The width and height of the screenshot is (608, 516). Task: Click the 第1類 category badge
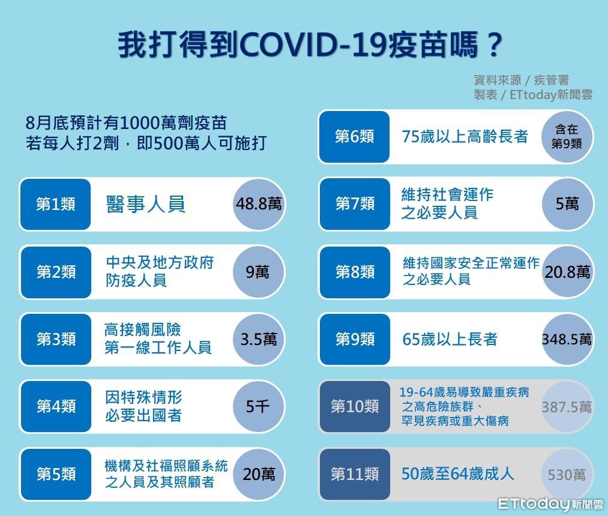click(55, 205)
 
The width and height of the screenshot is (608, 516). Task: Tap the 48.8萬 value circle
click(259, 205)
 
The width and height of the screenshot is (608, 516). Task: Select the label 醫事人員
click(146, 204)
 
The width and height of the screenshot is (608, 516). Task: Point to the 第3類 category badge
click(56, 339)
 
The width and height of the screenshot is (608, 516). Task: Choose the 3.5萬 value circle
click(259, 339)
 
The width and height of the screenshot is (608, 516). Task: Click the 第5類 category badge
click(56, 474)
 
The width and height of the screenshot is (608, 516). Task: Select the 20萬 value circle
click(259, 474)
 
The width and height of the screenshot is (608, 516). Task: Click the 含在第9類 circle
click(567, 136)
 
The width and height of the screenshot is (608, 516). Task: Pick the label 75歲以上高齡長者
click(465, 136)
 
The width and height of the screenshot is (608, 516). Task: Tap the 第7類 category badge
click(355, 204)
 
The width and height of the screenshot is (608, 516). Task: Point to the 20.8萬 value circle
click(567, 272)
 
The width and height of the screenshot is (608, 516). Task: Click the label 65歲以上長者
click(450, 339)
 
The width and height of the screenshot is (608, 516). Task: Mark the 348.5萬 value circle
click(567, 339)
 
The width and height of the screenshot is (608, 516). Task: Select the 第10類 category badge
click(355, 406)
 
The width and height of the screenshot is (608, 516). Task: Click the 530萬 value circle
click(567, 474)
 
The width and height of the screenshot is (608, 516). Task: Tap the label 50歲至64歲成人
click(457, 474)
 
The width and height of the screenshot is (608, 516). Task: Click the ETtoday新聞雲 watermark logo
click(550, 504)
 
